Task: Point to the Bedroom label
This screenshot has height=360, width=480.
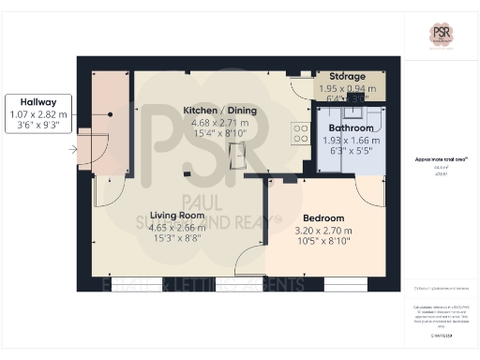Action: coord(324,217)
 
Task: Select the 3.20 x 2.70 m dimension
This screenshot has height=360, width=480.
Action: coord(324,230)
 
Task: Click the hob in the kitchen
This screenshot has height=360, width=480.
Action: coord(302,134)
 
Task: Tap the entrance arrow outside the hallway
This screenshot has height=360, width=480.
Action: coord(73,148)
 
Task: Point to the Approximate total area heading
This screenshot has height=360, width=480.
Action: coord(438,160)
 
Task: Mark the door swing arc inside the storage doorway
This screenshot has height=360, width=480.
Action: coord(302,86)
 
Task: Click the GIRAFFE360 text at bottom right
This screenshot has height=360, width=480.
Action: coord(437,335)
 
